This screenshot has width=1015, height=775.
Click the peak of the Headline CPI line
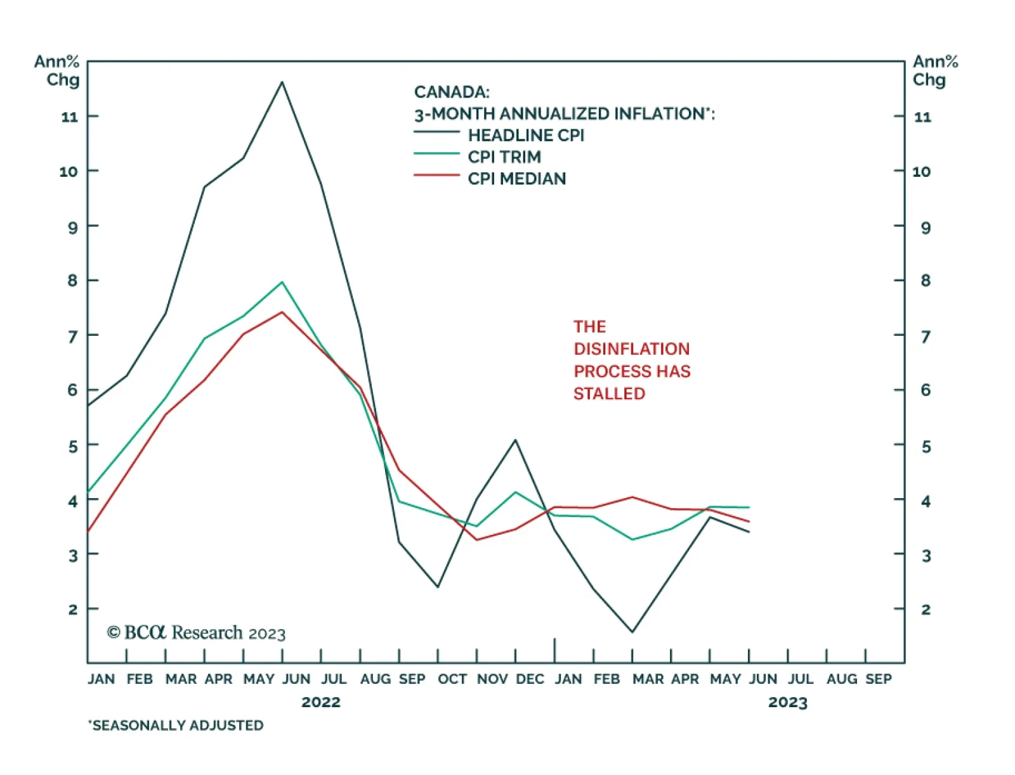pyautogui.click(x=282, y=82)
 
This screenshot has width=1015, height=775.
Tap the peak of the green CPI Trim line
pyautogui.click(x=282, y=282)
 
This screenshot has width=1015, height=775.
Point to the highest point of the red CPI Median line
pyautogui.click(x=282, y=312)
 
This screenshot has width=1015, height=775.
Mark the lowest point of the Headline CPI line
pyautogui.click(x=632, y=632)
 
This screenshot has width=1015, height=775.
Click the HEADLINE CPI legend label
pyautogui.click(x=526, y=136)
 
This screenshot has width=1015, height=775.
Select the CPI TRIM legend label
pyautogui.click(x=504, y=157)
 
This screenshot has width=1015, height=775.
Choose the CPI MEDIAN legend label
pyautogui.click(x=516, y=179)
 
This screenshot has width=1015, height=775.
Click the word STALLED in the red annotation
pyautogui.click(x=609, y=394)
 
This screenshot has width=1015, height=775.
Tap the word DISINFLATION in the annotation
pyautogui.click(x=631, y=349)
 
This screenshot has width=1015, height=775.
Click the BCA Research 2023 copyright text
pyautogui.click(x=196, y=633)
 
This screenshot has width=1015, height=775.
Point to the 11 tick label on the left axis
pyautogui.click(x=69, y=117)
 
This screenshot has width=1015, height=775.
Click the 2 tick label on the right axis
pyautogui.click(x=926, y=610)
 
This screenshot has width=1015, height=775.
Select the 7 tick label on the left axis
pyautogui.click(x=72, y=336)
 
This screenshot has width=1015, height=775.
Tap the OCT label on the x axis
pyautogui.click(x=452, y=679)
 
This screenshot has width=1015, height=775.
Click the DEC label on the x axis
pyautogui.click(x=530, y=679)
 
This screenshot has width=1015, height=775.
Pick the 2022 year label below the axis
pyautogui.click(x=320, y=702)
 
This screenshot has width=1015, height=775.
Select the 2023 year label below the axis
pyautogui.click(x=787, y=702)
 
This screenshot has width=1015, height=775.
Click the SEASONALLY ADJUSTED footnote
pyautogui.click(x=176, y=726)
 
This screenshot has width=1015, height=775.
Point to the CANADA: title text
pyautogui.click(x=452, y=93)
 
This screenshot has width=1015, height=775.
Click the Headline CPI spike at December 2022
pyautogui.click(x=515, y=440)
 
